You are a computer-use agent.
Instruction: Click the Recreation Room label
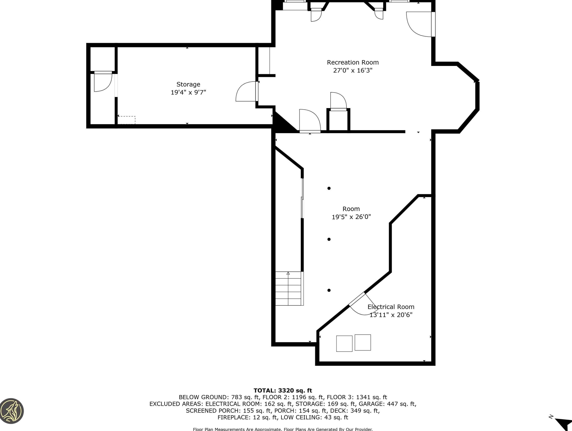[x=353, y=62]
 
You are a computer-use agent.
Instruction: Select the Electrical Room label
[x=391, y=307]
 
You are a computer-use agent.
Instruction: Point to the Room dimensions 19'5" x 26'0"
[x=351, y=217]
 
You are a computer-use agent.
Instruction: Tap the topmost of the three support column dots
[x=329, y=188]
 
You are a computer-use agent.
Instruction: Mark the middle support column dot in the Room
[x=329, y=239]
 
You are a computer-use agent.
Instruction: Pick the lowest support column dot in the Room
[x=329, y=290]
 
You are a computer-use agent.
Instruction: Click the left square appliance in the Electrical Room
[x=344, y=344]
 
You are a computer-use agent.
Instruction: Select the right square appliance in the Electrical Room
[x=363, y=343]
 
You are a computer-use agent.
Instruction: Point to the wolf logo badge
[x=11, y=411]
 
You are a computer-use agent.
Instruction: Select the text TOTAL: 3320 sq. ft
[x=283, y=391]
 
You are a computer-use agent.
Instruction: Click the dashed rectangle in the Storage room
[x=126, y=120]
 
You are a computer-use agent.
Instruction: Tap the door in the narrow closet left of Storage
[x=103, y=81]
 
